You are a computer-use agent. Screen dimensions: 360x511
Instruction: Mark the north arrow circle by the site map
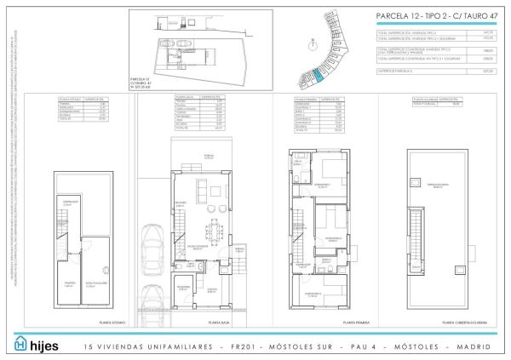point(329,17)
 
